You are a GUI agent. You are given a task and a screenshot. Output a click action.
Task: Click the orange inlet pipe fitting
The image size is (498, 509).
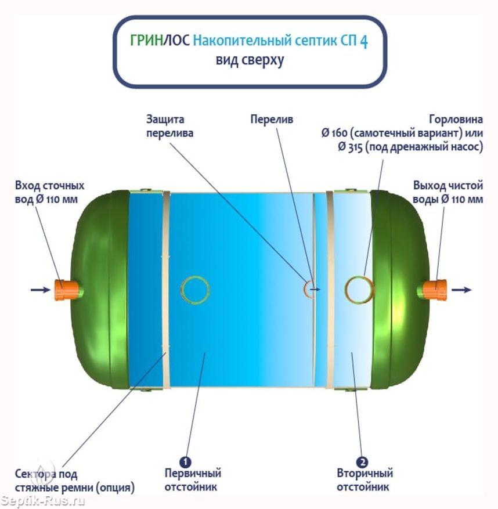click(66, 290)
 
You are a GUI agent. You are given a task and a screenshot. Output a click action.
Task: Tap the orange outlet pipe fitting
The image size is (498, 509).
click(435, 290)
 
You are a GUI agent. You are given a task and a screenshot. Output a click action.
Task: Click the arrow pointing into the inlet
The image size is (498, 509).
click(41, 290)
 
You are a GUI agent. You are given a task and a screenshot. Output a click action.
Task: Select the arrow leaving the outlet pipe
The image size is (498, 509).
click(461, 290)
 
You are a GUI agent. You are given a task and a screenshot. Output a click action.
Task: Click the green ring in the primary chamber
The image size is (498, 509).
click(182, 290)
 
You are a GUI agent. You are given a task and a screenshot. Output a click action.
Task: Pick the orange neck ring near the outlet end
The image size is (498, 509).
click(346, 290)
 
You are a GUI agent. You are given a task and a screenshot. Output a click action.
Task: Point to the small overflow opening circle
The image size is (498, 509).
click(305, 289)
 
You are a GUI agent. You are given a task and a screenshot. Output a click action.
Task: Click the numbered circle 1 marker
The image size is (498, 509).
click(185, 462)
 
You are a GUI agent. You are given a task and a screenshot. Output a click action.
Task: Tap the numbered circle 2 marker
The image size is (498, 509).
click(362, 462)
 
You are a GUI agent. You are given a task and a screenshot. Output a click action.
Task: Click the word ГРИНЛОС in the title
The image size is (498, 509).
click(160, 41)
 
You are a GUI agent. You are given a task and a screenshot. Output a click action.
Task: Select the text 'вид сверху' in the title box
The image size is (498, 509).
click(250, 60)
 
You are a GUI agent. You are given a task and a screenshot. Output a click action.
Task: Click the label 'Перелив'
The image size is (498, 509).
click(272, 120)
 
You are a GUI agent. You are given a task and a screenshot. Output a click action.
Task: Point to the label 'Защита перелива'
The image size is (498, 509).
click(169, 127)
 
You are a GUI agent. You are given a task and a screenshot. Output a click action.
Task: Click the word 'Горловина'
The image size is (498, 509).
click(456, 120)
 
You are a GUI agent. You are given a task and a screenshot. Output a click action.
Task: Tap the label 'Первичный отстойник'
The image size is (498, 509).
click(193, 480)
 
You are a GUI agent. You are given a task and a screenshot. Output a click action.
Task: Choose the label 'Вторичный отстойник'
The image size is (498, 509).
click(365, 480)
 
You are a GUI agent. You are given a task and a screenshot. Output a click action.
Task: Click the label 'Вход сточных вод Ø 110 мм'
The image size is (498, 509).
click(49, 192)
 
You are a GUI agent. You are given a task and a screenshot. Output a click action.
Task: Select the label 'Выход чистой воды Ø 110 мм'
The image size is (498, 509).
click(448, 192)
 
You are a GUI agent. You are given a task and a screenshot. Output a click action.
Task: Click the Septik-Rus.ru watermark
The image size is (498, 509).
click(42, 501)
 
